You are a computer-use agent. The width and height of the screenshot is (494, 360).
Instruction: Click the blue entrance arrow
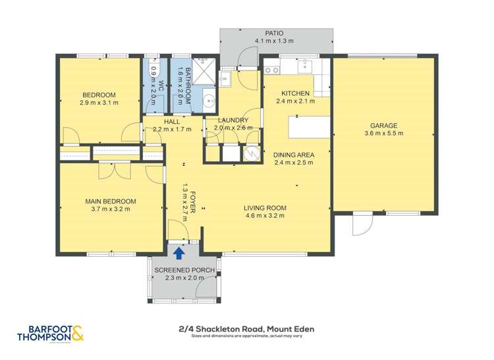(178, 250)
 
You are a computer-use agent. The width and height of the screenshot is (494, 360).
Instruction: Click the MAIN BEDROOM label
(110, 201)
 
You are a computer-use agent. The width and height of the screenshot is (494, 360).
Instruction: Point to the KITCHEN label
(294, 93)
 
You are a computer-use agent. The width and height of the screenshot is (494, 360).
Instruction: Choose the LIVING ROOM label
(265, 207)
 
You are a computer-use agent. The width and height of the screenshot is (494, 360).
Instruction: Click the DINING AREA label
(294, 155)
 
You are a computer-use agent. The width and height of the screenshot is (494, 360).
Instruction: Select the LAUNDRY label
(233, 120)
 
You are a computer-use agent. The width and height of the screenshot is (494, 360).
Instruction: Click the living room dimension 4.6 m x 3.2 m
(265, 215)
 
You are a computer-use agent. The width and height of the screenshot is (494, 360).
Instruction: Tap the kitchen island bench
(309, 124)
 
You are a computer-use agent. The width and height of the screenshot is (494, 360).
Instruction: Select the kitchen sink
(306, 65)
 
